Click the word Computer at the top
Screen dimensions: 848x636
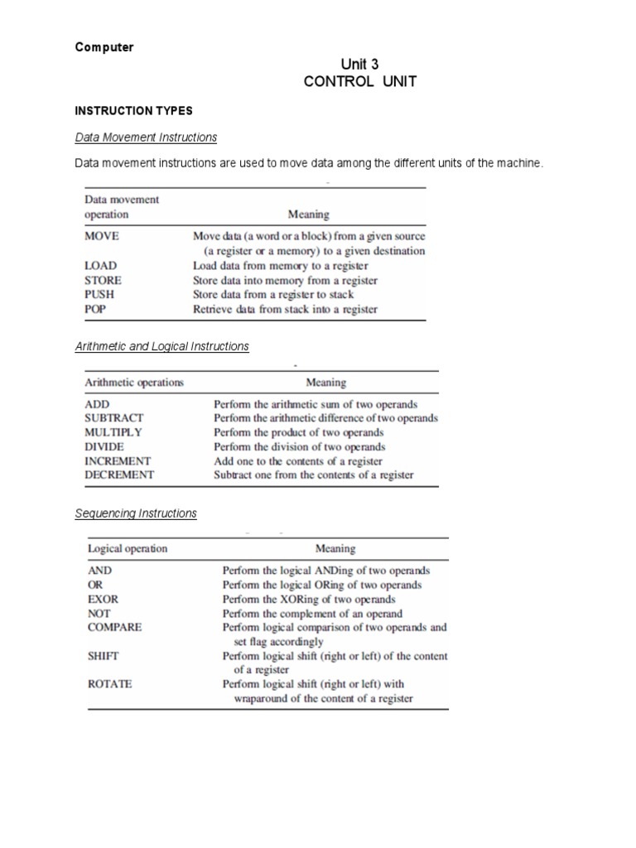pyautogui.click(x=104, y=47)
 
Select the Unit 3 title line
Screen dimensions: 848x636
pyautogui.click(x=360, y=65)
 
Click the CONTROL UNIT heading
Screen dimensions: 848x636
pyautogui.click(x=360, y=82)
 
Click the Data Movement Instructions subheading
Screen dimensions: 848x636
pyautogui.click(x=146, y=137)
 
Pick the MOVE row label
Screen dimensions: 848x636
pyautogui.click(x=102, y=235)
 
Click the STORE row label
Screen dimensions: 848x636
pyautogui.click(x=103, y=280)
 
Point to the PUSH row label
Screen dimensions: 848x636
pyautogui.click(x=100, y=294)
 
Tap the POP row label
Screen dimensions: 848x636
pyautogui.click(x=96, y=309)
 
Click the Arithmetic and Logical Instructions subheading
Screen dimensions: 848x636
pyautogui.click(x=162, y=346)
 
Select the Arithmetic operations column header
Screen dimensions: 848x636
pyautogui.click(x=134, y=383)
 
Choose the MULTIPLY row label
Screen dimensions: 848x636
pyautogui.click(x=113, y=432)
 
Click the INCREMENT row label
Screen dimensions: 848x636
pyautogui.click(x=118, y=460)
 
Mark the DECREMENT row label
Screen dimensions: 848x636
pyautogui.click(x=119, y=475)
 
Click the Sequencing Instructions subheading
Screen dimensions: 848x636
pyautogui.click(x=136, y=513)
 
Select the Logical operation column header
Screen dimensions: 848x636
pyautogui.click(x=128, y=548)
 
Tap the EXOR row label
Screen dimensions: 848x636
pyautogui.click(x=103, y=599)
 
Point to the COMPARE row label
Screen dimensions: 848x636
pyautogui.click(x=114, y=627)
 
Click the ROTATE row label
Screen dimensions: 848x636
pyautogui.click(x=109, y=684)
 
